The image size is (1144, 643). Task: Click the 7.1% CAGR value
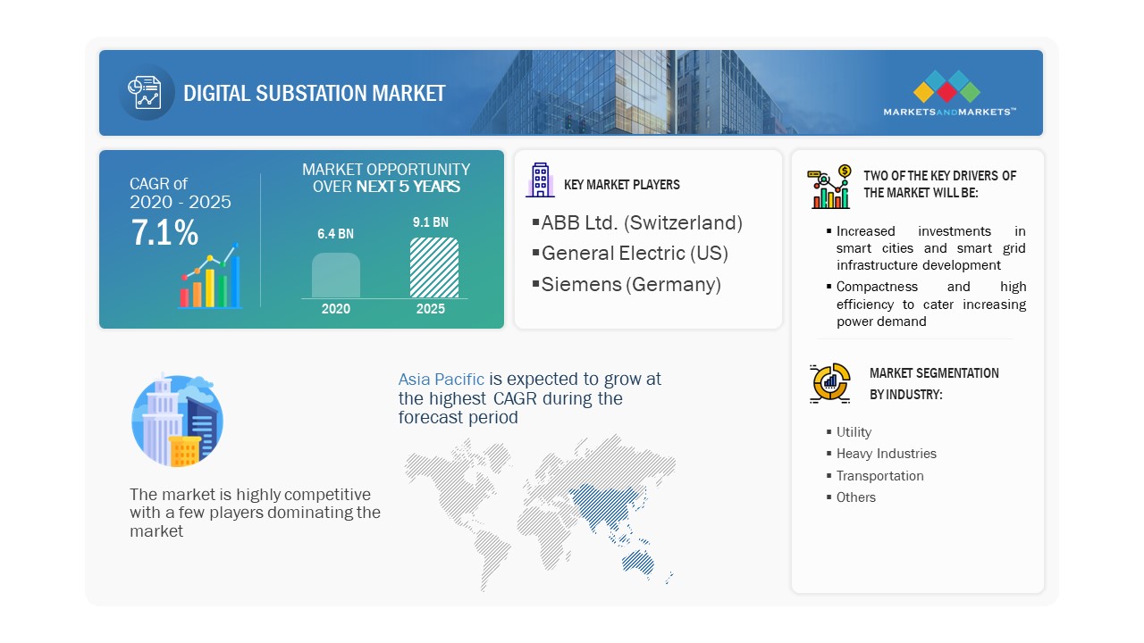[x=164, y=233]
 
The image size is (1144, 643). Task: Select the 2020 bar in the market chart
[x=335, y=275]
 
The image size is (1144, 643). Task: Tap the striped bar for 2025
[x=434, y=267]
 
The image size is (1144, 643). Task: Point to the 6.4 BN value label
[x=335, y=234]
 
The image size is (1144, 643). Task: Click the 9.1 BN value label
[x=431, y=222]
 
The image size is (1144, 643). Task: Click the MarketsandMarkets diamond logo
[x=946, y=86]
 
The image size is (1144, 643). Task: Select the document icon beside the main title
[x=145, y=92]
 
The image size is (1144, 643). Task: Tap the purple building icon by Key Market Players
[x=540, y=180]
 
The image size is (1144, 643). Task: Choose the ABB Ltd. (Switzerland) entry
[x=642, y=222]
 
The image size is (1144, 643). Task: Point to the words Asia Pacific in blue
[x=442, y=380]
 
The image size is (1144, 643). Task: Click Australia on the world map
[x=638, y=563]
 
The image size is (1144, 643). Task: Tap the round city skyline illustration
[x=177, y=421]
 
